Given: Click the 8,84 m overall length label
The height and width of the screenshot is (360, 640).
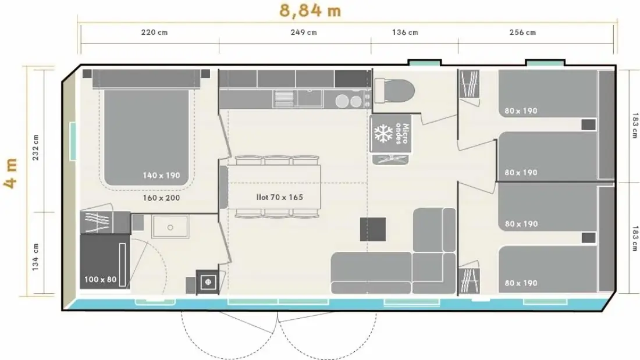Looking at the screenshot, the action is click(x=310, y=10).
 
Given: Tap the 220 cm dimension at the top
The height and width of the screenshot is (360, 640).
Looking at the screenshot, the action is click(x=154, y=32).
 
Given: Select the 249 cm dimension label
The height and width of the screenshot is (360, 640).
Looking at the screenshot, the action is click(x=304, y=32).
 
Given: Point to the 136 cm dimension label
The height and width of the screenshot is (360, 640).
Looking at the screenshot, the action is click(x=405, y=32).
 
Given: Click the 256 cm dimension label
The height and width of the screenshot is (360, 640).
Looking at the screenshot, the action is click(x=522, y=32).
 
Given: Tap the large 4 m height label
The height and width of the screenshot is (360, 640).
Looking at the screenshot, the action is click(x=11, y=173).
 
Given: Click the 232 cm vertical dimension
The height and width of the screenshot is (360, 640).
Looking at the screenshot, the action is click(x=35, y=147).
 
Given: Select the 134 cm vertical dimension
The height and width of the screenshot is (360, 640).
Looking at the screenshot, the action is click(x=35, y=256).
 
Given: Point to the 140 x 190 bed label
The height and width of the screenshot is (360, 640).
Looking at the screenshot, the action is click(x=161, y=176).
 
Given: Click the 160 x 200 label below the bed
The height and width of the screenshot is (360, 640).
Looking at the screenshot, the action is click(x=161, y=198).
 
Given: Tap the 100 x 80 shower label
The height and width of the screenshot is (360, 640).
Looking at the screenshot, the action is click(x=101, y=280).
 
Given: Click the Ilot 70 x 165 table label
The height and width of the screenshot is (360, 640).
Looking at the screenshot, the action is click(x=280, y=198).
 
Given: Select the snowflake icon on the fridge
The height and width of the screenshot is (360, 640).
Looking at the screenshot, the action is click(x=383, y=133).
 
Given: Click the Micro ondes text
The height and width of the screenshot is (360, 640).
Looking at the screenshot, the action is click(x=401, y=133).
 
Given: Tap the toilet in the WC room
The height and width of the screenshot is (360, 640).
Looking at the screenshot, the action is click(x=394, y=91).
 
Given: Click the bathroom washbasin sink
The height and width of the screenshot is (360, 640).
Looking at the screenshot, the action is click(x=170, y=227).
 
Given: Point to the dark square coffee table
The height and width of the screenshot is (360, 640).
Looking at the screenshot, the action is click(x=373, y=229).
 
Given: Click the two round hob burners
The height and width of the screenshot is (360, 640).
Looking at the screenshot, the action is click(x=350, y=101).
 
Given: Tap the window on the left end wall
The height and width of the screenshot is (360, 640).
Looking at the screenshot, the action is click(x=73, y=141).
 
